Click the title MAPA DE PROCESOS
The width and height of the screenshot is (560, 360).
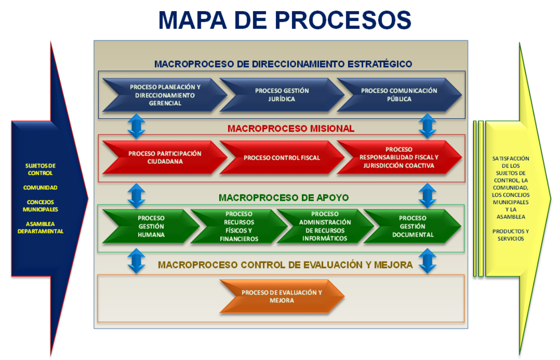tap(285, 20)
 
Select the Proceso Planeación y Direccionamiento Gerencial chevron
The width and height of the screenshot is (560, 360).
tap(165, 95)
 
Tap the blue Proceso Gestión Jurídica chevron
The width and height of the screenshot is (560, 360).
tap(281, 95)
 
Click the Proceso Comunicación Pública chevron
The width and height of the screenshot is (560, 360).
tap(399, 95)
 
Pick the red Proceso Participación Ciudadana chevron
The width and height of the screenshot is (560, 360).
tap(165, 158)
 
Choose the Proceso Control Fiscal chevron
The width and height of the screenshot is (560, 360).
tap(281, 158)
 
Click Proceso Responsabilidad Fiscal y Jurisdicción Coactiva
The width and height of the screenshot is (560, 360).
tap(399, 158)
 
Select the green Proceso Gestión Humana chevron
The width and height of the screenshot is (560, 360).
tap(151, 226)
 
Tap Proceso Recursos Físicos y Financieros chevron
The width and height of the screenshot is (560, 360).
tap(238, 226)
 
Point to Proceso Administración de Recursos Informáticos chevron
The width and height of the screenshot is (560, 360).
tap(325, 226)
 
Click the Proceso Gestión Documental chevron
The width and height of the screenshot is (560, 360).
tap(412, 226)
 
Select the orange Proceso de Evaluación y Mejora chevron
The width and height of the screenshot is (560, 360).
tap(281, 296)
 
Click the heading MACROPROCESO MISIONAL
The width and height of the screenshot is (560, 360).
tap(291, 129)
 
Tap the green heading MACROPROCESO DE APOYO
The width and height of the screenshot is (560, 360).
tap(284, 198)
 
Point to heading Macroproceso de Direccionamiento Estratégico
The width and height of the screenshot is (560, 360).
tap(283, 64)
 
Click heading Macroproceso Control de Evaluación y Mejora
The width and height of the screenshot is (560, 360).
tap(285, 265)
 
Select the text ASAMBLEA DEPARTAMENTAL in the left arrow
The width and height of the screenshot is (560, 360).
tap(40, 227)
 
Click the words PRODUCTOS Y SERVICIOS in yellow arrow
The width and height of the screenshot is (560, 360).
tap(510, 235)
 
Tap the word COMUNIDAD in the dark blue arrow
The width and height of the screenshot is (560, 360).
tap(40, 187)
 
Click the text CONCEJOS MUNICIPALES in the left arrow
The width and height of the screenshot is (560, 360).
tap(40, 206)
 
